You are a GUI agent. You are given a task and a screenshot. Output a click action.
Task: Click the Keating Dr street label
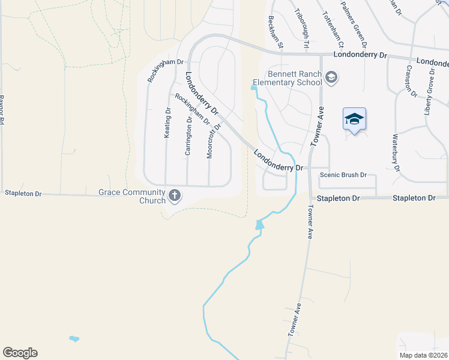pos(167,123)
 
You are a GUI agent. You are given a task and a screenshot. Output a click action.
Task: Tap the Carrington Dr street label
pos(188,136)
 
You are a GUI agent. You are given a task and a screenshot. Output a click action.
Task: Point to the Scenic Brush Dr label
pos(343,175)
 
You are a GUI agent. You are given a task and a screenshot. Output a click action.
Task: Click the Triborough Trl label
pos(302,28)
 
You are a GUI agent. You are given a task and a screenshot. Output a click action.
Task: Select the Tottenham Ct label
pos(333,28)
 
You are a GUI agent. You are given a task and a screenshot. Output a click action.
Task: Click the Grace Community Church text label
pos(131,196)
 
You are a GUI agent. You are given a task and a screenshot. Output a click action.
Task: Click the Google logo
pos(20,353)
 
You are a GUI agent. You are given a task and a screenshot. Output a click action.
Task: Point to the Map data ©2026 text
pos(424,355)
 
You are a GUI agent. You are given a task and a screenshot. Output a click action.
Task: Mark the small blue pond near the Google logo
pos(74,339)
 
